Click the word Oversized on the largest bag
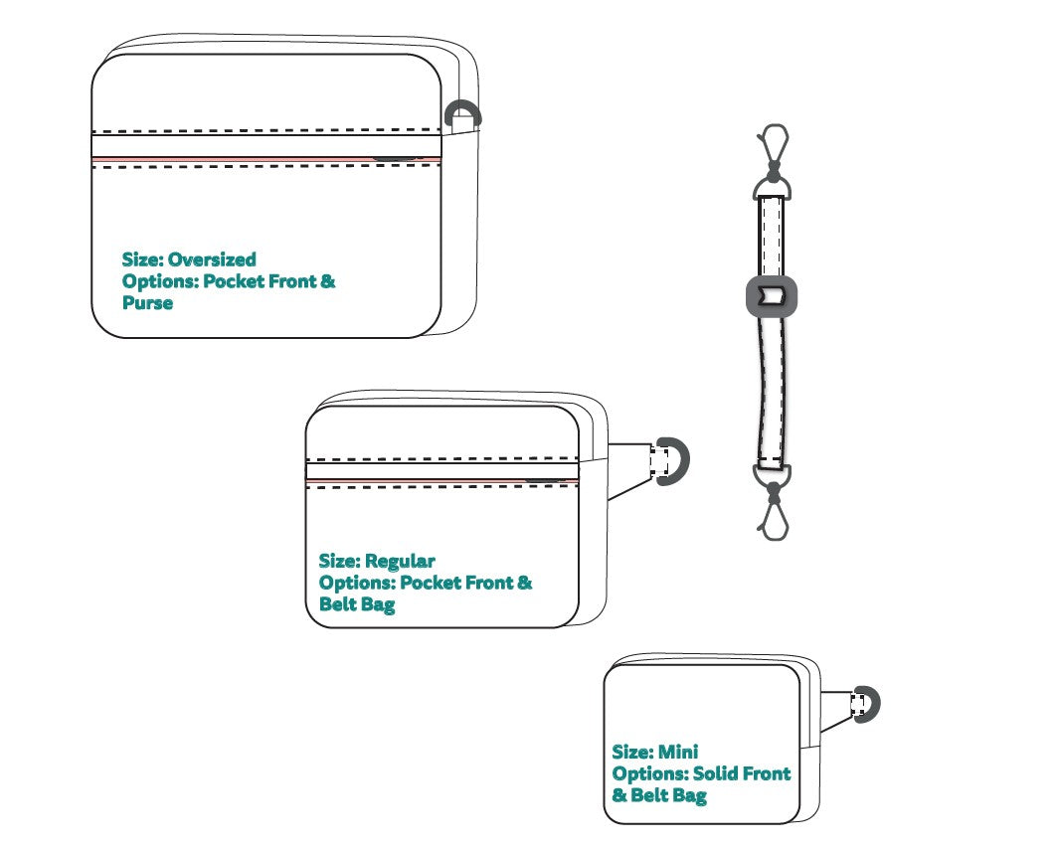point(212,259)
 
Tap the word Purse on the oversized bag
point(147,302)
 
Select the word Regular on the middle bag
point(400,562)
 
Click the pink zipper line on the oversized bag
point(266,159)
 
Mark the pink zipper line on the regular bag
point(442,480)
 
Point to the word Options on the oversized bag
point(160,281)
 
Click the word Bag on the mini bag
point(688,795)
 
